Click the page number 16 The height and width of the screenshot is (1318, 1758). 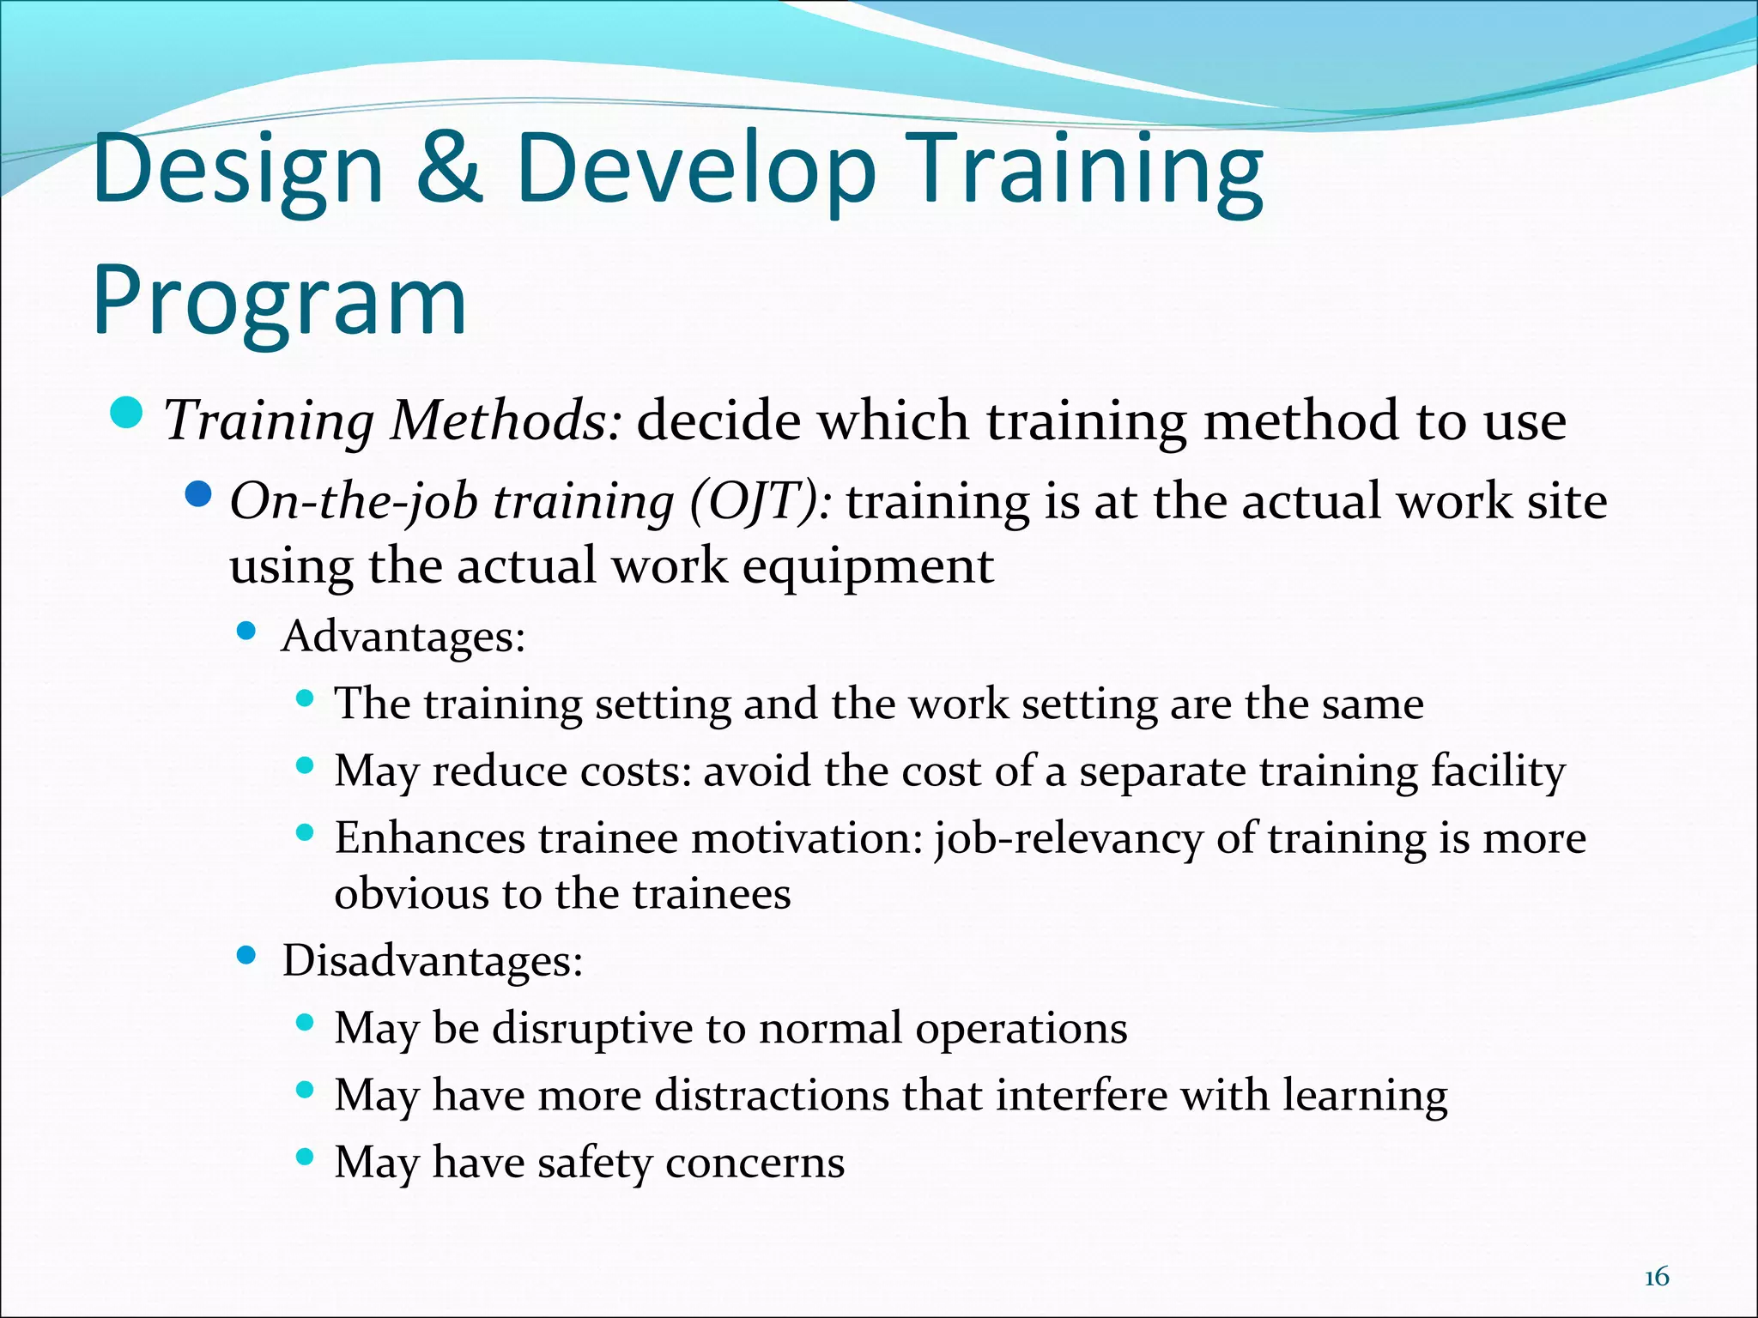1656,1278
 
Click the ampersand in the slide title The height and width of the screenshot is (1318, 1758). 449,169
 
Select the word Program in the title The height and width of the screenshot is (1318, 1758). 280,302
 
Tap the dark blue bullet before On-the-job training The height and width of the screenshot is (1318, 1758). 198,495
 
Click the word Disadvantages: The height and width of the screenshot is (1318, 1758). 433,960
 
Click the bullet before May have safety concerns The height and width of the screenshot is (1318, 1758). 304,1157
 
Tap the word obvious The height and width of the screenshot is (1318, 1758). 411,894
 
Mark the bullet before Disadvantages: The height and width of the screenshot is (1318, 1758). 246,955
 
